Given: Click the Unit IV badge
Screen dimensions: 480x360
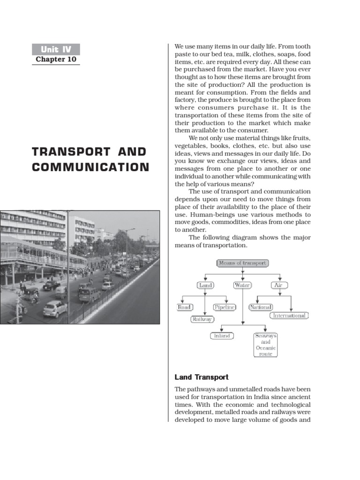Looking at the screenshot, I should pyautogui.click(x=56, y=49).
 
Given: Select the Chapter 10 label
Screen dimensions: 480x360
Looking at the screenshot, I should pyautogui.click(x=56, y=60).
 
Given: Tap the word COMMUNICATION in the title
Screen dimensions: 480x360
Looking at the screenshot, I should pyautogui.click(x=91, y=167).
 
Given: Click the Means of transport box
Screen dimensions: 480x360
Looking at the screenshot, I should pyautogui.click(x=242, y=263).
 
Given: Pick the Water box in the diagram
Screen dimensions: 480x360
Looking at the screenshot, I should pyautogui.click(x=242, y=285).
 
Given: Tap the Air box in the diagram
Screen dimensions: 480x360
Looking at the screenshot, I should pyautogui.click(x=279, y=285).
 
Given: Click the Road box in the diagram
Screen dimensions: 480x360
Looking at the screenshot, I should pyautogui.click(x=184, y=307).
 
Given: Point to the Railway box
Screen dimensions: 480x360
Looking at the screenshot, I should pyautogui.click(x=202, y=319).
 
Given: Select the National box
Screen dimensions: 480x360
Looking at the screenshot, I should pyautogui.click(x=261, y=307).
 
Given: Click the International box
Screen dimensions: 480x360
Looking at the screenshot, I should pyautogui.click(x=290, y=315).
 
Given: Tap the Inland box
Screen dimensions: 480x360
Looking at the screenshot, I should pyautogui.click(x=222, y=336).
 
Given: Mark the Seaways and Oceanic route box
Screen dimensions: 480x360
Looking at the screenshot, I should pyautogui.click(x=266, y=345).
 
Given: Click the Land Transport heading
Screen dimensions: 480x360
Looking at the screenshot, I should pyautogui.click(x=202, y=377).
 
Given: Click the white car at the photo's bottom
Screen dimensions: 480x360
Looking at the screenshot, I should pyautogui.click(x=55, y=308).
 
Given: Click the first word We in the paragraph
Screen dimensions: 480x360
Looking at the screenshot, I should pyautogui.click(x=180, y=47).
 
